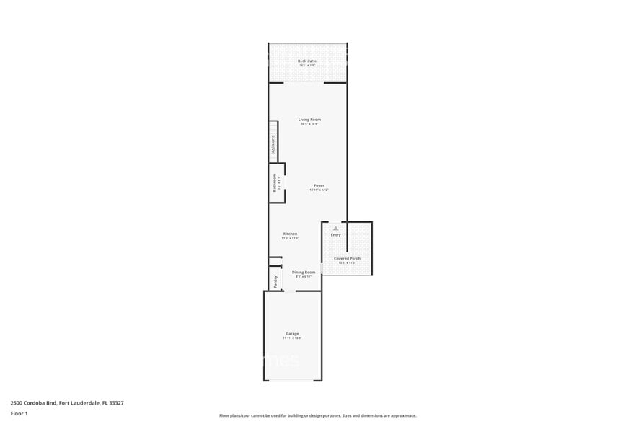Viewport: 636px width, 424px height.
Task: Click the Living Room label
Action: pyautogui.click(x=310, y=120)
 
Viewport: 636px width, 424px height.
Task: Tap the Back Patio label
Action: pyautogui.click(x=308, y=61)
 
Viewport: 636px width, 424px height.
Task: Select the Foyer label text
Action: pyautogui.click(x=319, y=185)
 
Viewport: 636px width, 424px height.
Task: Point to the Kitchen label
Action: pyautogui.click(x=290, y=234)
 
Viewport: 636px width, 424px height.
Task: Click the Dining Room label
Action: pyautogui.click(x=304, y=272)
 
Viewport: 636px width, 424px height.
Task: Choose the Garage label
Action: pyautogui.click(x=292, y=333)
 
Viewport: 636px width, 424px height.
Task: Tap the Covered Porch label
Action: pyautogui.click(x=347, y=258)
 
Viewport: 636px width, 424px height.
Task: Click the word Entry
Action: pyautogui.click(x=336, y=235)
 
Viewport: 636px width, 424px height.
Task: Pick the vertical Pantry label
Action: pyautogui.click(x=275, y=281)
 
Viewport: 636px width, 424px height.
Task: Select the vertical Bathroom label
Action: pyautogui.click(x=274, y=182)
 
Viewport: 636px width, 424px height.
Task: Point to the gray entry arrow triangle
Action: pyautogui.click(x=335, y=228)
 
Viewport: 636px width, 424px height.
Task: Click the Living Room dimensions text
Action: pyautogui.click(x=310, y=124)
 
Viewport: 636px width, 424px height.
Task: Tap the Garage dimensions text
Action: pyautogui.click(x=292, y=337)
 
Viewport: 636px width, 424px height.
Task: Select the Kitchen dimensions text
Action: pyautogui.click(x=290, y=238)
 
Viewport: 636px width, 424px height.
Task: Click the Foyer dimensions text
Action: pyautogui.click(x=319, y=190)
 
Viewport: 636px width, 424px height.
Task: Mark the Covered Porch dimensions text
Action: pyautogui.click(x=347, y=262)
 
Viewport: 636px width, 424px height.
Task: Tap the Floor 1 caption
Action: pyautogui.click(x=19, y=413)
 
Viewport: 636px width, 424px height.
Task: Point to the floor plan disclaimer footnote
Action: pyautogui.click(x=318, y=415)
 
